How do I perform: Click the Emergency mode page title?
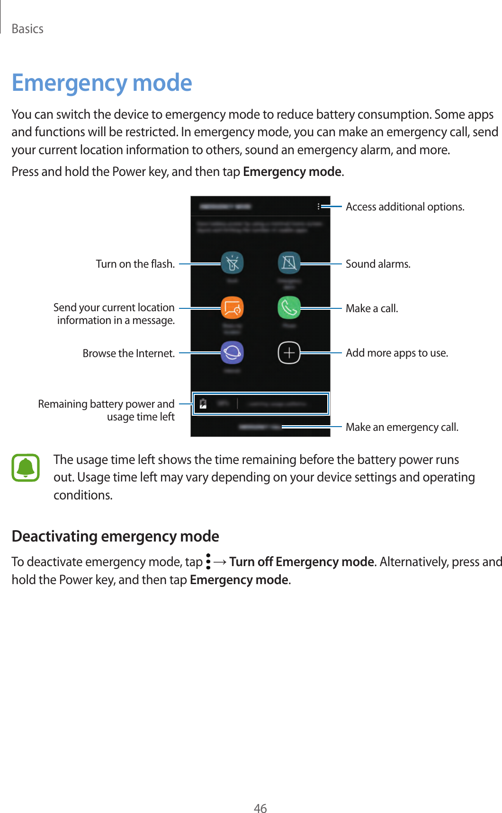tap(102, 83)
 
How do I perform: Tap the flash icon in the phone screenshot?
tap(232, 263)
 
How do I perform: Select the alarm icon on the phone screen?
tap(289, 263)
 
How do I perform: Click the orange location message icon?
tap(232, 308)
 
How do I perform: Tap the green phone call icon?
tap(289, 308)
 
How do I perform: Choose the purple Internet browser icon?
tap(232, 353)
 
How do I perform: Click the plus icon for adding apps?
tap(289, 353)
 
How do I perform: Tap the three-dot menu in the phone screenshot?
tap(319, 206)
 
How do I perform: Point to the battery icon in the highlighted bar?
tap(203, 404)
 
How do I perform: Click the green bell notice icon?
tap(26, 468)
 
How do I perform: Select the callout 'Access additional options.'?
tap(405, 207)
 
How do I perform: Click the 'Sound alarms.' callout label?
tap(378, 264)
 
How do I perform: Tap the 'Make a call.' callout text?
tap(372, 308)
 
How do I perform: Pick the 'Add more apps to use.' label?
tap(397, 353)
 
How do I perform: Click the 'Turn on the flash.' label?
tap(135, 264)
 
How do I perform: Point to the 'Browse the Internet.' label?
tap(128, 353)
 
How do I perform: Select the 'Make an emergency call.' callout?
tap(402, 427)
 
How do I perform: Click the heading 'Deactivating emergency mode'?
tap(115, 536)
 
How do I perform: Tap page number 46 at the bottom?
tap(260, 808)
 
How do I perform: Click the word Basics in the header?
tap(27, 29)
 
